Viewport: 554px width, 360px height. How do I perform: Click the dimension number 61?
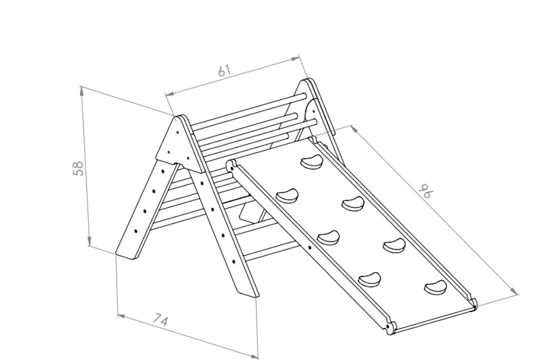point(224,70)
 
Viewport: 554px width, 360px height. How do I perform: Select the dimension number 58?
point(78,169)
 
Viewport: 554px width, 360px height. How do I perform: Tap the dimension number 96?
point(426,191)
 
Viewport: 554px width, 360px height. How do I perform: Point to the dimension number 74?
point(161,321)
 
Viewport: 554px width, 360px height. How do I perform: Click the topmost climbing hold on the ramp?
point(310,163)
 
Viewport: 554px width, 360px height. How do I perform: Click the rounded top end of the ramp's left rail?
point(231,165)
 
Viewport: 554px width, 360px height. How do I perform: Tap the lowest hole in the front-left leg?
point(136,231)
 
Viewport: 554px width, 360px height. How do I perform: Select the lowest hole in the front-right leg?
point(234,262)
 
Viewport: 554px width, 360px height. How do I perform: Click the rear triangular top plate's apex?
point(308,81)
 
